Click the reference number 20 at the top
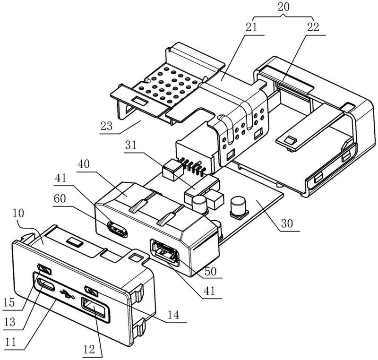tap(283, 7)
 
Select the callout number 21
tap(251, 27)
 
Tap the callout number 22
tap(313, 27)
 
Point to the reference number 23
tap(107, 126)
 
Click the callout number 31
tap(131, 146)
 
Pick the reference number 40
tap(84, 164)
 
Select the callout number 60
tap(60, 199)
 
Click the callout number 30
tap(287, 223)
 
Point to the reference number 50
tap(210, 271)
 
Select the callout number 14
tap(173, 315)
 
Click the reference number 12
tap(89, 349)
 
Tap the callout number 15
tap(9, 302)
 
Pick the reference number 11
tap(10, 342)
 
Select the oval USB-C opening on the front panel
tap(46, 285)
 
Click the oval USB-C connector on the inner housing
tap(117, 229)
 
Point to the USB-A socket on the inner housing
tap(164, 252)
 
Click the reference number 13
tap(9, 322)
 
